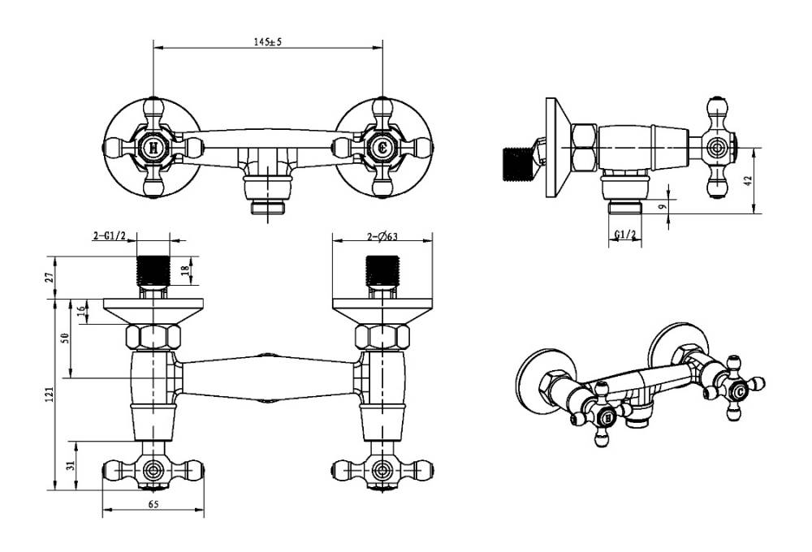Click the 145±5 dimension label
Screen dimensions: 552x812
tap(267, 42)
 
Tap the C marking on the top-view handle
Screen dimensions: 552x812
tap(382, 148)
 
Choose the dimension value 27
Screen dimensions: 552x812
tap(50, 277)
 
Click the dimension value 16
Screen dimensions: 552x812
tap(82, 312)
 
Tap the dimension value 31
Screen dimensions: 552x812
tap(70, 464)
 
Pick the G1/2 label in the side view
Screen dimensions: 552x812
tap(624, 235)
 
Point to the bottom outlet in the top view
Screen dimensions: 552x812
tap(267, 206)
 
